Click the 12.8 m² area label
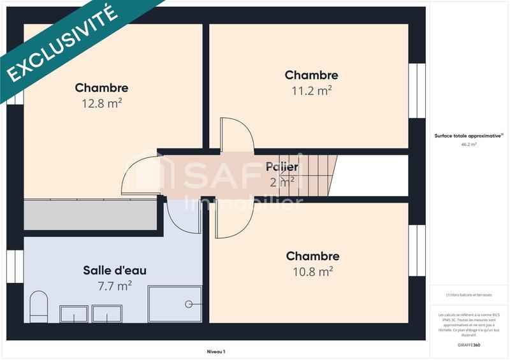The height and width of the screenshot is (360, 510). (x=101, y=103)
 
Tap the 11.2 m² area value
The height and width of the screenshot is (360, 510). (x=312, y=90)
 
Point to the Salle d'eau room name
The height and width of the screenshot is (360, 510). (x=115, y=270)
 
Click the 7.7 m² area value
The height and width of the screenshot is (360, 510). (x=115, y=285)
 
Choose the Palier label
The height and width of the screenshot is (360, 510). (x=282, y=167)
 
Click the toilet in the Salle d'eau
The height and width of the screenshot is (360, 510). (x=39, y=306)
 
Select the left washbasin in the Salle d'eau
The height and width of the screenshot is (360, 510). (x=74, y=313)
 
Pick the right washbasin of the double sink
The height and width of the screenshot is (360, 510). (x=106, y=313)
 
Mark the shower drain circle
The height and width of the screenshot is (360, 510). (x=188, y=305)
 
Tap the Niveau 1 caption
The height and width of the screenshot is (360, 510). (x=216, y=351)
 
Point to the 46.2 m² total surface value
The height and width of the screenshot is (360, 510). (x=469, y=145)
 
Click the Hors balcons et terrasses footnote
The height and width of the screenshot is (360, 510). (x=469, y=295)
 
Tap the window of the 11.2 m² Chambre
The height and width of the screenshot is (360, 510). (x=416, y=90)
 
